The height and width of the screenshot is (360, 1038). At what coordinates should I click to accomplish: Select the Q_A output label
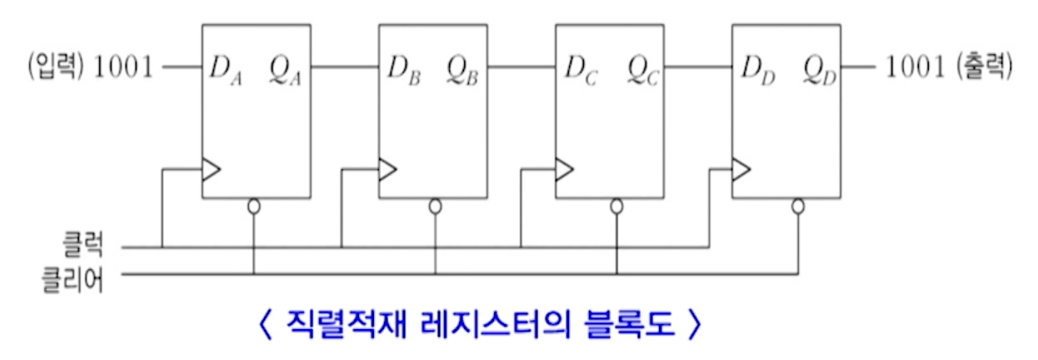point(284,68)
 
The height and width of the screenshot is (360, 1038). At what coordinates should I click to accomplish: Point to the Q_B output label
point(462,68)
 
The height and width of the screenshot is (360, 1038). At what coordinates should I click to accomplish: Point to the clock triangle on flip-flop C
point(565,171)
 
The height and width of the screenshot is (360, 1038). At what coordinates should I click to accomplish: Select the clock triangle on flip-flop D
point(741,171)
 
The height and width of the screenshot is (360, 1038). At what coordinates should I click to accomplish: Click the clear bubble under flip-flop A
point(254,205)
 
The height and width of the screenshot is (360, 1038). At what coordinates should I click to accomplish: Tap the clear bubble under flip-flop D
point(798,205)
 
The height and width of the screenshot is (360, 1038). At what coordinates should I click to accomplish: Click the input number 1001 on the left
point(125,67)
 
